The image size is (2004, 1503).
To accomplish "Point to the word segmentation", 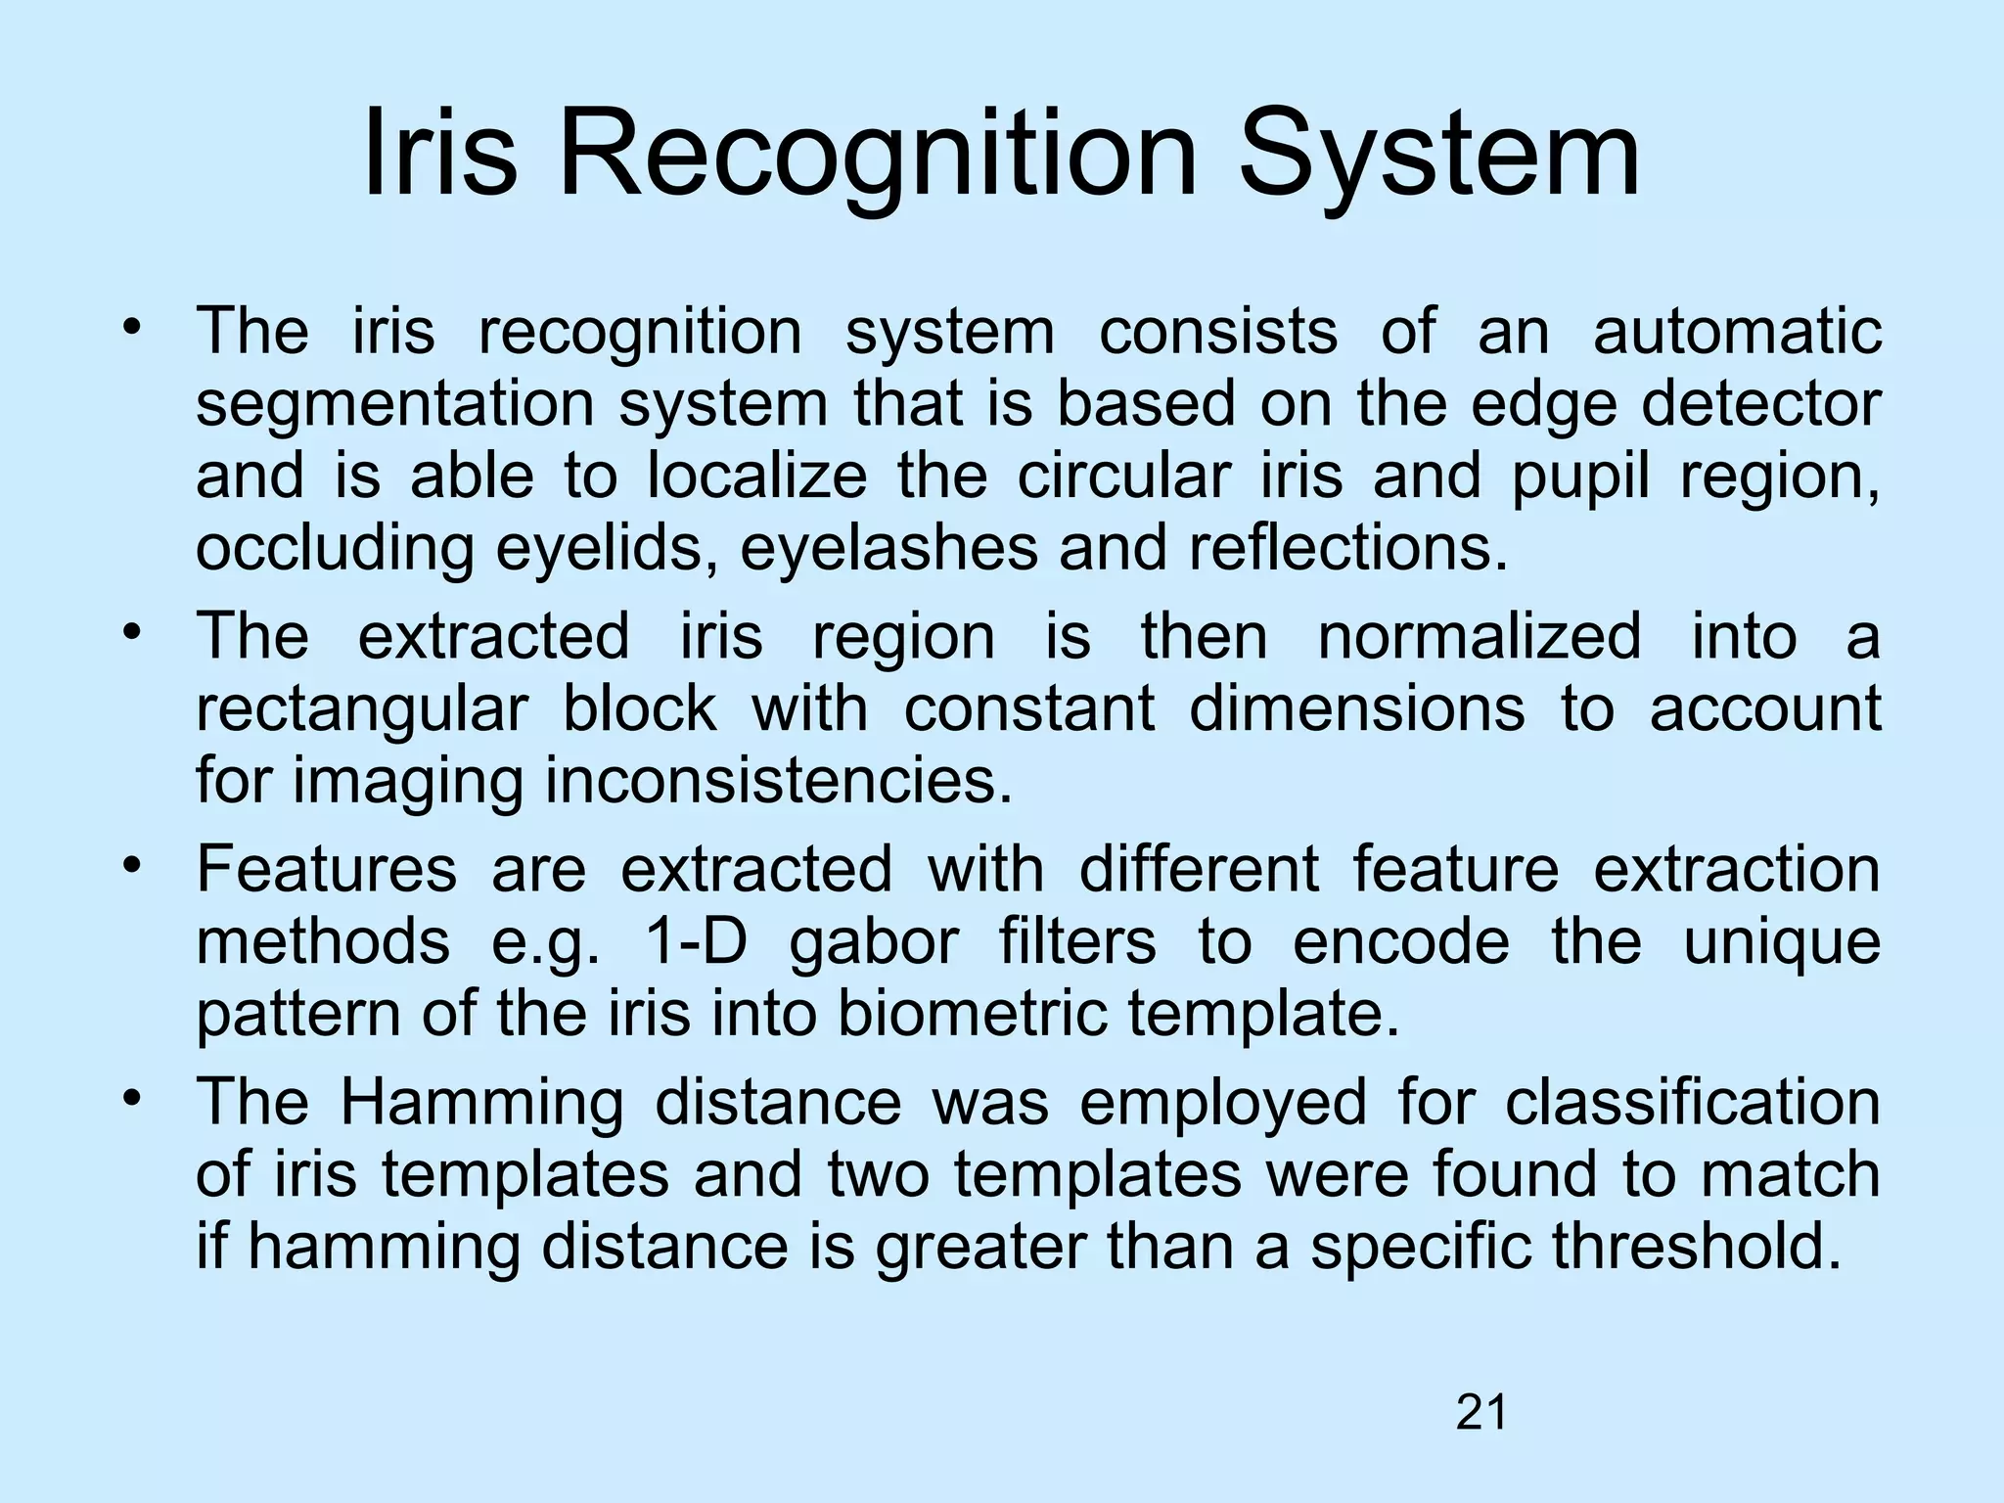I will tap(395, 405).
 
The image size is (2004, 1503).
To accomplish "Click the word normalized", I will tap(1479, 637).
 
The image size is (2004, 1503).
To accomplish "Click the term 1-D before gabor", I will tap(696, 942).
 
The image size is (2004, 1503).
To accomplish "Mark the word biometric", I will tap(973, 1015).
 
